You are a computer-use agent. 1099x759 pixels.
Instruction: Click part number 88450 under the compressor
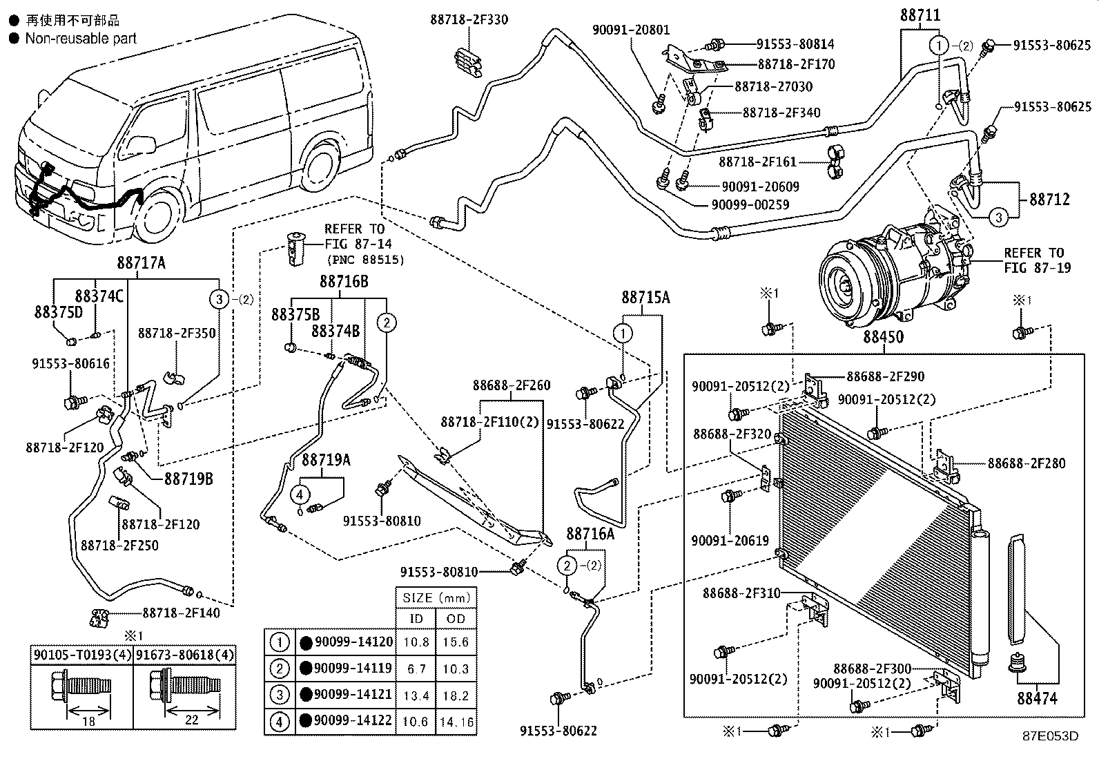click(x=883, y=337)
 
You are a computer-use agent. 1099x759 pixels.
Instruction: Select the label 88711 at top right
click(x=920, y=16)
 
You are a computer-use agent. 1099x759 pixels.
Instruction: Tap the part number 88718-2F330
click(x=469, y=19)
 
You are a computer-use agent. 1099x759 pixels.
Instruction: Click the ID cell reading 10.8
click(x=416, y=642)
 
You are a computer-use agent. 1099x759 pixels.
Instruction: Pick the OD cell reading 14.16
click(x=456, y=722)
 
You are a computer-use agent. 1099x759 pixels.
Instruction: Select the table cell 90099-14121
click(x=353, y=694)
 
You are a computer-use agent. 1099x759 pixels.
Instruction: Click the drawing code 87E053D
click(x=1051, y=736)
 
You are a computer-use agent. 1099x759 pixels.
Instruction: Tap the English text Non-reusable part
click(x=81, y=38)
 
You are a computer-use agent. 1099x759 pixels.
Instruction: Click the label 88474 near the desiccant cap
click(x=1037, y=699)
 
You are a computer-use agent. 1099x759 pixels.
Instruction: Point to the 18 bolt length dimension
click(x=88, y=721)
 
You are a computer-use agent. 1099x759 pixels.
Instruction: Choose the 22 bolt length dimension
click(x=192, y=720)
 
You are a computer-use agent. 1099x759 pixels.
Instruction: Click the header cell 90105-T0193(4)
click(x=82, y=655)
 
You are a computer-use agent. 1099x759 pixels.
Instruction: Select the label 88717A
click(x=141, y=263)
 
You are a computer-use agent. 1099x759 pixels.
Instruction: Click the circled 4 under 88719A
click(x=300, y=494)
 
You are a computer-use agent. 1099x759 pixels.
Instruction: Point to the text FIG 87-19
click(x=1037, y=267)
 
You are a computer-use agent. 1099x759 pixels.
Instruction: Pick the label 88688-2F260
click(x=512, y=385)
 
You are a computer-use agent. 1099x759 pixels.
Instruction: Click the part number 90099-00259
click(x=750, y=204)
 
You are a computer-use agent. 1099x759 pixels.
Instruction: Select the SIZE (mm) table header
click(x=436, y=598)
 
